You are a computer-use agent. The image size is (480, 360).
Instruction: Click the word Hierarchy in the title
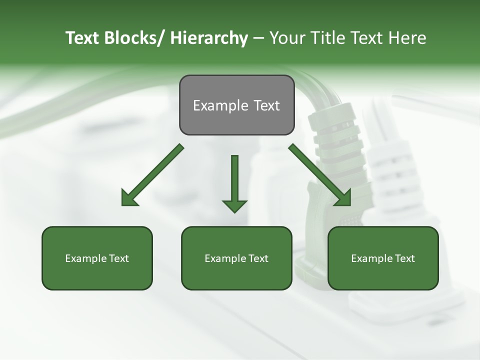[209, 38]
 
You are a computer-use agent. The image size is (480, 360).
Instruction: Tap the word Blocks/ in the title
[133, 38]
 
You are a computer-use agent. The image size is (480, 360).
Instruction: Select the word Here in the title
[408, 38]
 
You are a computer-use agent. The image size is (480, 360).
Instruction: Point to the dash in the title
[258, 38]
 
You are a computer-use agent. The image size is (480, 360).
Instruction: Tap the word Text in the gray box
[266, 105]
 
